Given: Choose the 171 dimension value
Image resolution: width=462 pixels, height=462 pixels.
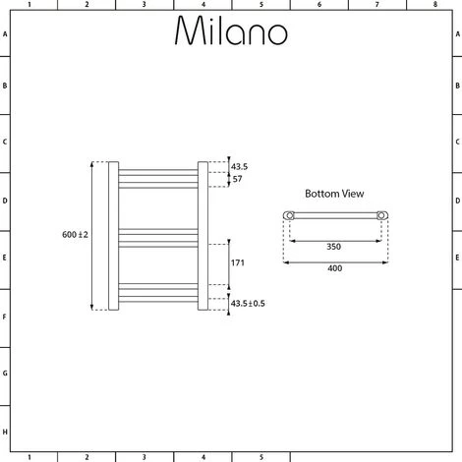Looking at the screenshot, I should pyautogui.click(x=238, y=262).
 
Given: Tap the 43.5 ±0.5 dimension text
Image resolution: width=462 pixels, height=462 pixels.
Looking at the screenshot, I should pyautogui.click(x=247, y=303).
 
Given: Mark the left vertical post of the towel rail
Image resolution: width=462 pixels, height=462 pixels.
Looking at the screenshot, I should pyautogui.click(x=114, y=236).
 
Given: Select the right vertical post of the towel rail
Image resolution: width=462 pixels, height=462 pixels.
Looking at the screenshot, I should pyautogui.click(x=202, y=236).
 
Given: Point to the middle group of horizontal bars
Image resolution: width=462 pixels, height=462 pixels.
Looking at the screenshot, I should pyautogui.click(x=158, y=235).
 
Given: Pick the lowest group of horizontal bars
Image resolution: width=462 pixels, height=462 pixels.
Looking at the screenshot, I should pyautogui.click(x=158, y=290).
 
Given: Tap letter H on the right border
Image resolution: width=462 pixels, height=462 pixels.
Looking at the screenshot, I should pyautogui.click(x=456, y=432).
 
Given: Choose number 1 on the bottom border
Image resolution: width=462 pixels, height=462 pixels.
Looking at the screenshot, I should pyautogui.click(x=29, y=456).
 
